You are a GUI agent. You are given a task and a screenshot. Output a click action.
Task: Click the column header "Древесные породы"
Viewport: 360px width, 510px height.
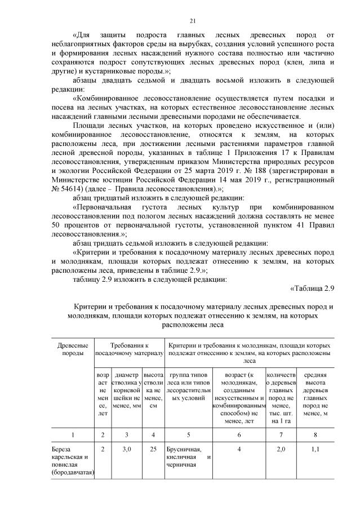tap(73, 348)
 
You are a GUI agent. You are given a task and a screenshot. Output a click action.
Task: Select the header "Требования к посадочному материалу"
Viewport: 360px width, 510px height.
tap(129, 348)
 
